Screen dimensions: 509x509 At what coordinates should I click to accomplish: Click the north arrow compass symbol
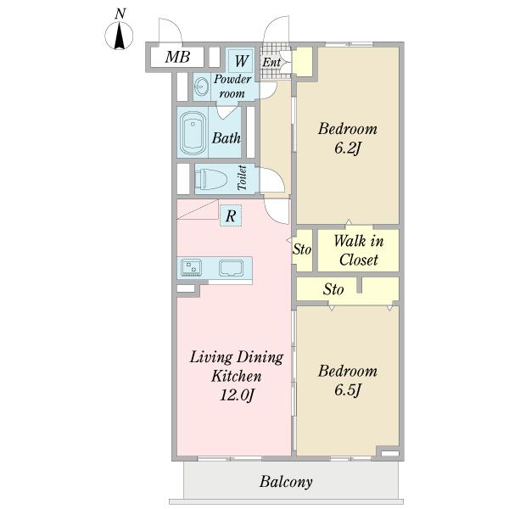pyautogui.click(x=119, y=36)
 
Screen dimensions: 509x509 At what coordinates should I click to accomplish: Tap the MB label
pyautogui.click(x=177, y=57)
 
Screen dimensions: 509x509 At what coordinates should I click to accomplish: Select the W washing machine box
pyautogui.click(x=241, y=61)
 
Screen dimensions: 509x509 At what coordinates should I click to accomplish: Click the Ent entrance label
pyautogui.click(x=271, y=62)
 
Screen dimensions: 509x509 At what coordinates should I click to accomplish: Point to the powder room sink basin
pyautogui.click(x=202, y=87)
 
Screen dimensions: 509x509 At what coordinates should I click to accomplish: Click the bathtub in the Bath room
pyautogui.click(x=193, y=133)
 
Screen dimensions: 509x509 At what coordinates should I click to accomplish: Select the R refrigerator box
pyautogui.click(x=231, y=215)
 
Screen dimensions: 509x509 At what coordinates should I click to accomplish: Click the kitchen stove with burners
pyautogui.click(x=191, y=268)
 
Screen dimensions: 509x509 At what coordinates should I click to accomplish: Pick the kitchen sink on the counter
pyautogui.click(x=231, y=268)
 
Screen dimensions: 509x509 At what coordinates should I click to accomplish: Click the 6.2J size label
pyautogui.click(x=348, y=148)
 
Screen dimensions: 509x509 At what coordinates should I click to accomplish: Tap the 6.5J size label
pyautogui.click(x=348, y=390)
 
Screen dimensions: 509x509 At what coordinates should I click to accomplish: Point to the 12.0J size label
pyautogui.click(x=237, y=395)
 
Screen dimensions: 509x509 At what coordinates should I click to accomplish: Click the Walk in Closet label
pyautogui.click(x=358, y=250)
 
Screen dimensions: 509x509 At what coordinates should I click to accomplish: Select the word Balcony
pyautogui.click(x=286, y=482)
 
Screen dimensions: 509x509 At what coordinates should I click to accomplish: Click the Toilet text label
pyautogui.click(x=242, y=177)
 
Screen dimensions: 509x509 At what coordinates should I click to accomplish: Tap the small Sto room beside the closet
pyautogui.click(x=302, y=250)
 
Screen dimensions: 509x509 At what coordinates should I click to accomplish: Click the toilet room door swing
pyautogui.click(x=272, y=180)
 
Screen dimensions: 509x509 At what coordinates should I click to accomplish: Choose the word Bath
pyautogui.click(x=227, y=138)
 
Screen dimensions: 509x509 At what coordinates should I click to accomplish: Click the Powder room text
pyautogui.click(x=232, y=87)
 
